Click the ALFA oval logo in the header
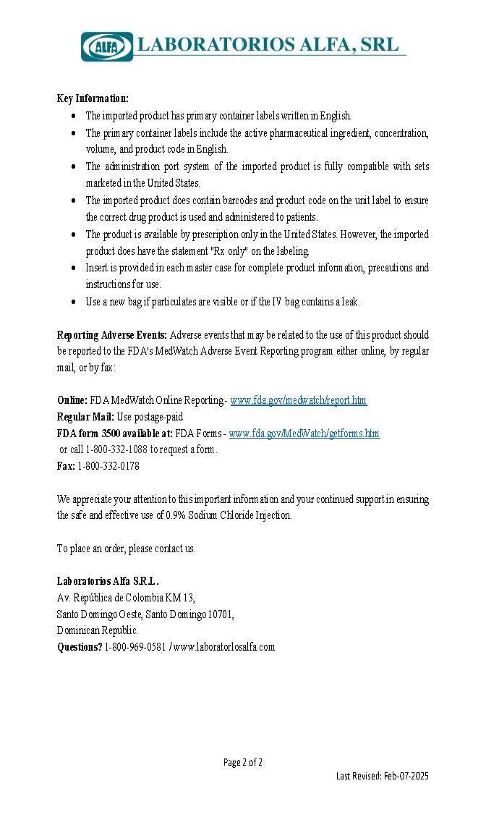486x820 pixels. [107, 46]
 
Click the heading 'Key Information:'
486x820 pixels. [93, 98]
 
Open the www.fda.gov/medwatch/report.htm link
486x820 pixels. [298, 400]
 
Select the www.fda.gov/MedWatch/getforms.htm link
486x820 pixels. [304, 434]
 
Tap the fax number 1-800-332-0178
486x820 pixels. [108, 467]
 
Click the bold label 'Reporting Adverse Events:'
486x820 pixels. [112, 335]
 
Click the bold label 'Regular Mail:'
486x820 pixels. [85, 417]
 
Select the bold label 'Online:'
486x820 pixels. [72, 400]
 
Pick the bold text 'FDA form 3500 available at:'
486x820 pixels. [115, 434]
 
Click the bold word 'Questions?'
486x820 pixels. [80, 647]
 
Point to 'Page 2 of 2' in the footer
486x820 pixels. [243, 762]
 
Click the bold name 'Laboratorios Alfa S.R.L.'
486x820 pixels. [108, 581]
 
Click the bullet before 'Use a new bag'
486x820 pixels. [75, 303]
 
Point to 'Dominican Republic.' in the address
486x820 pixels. [97, 631]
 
